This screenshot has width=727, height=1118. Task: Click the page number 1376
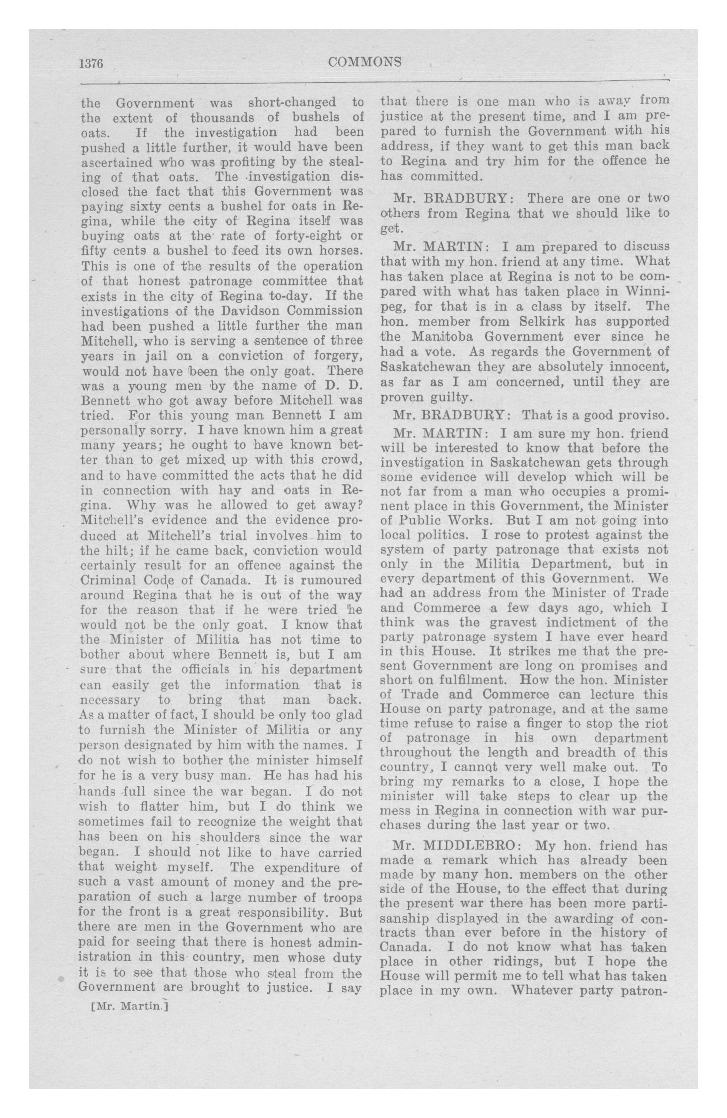pos(91,63)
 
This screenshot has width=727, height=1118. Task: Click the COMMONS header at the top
pos(365,62)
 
